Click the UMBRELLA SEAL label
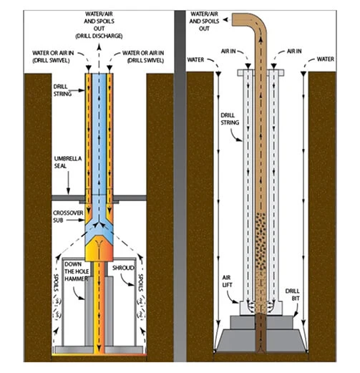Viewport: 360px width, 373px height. (x=68, y=163)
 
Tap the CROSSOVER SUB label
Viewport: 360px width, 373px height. (x=68, y=216)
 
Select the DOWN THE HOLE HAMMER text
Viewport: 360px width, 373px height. (x=77, y=271)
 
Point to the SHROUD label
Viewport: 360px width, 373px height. (x=123, y=268)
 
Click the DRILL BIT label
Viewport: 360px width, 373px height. (x=292, y=295)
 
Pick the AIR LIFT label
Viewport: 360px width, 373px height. (x=227, y=281)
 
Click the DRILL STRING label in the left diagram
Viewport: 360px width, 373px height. (x=62, y=90)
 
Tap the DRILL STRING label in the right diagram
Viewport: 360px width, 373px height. (x=230, y=119)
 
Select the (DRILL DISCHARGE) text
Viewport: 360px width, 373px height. (x=99, y=36)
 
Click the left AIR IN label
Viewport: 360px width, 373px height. (x=228, y=51)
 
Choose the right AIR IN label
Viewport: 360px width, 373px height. (x=294, y=51)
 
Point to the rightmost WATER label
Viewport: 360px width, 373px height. (x=326, y=59)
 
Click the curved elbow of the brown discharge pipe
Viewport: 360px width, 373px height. (x=259, y=23)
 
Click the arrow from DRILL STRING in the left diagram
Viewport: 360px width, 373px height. (x=78, y=90)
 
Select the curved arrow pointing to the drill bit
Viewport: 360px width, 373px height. (x=296, y=309)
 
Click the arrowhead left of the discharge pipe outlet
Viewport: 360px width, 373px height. (x=225, y=20)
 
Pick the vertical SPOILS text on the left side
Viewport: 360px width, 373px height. (x=57, y=282)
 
